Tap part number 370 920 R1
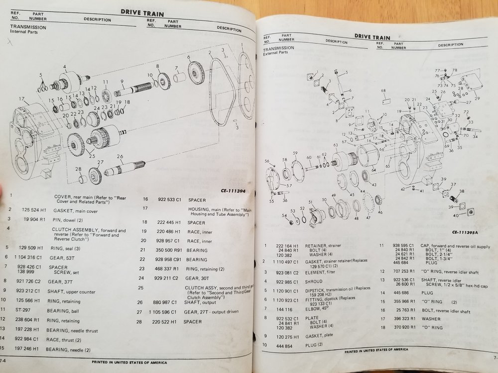point(411,327)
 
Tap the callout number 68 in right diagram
point(383,91)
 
